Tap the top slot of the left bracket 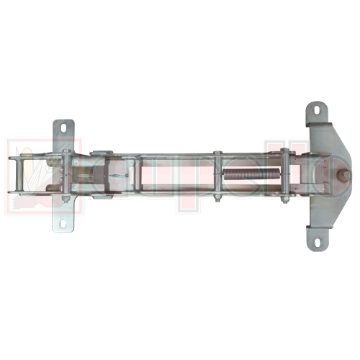pos(63,128)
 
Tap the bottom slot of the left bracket pos(63,222)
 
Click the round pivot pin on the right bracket pos(345,175)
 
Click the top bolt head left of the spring pos(217,153)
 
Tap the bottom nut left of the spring pos(217,197)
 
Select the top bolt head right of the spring pos(284,151)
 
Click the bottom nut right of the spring pos(284,199)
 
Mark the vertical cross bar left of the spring pos(217,175)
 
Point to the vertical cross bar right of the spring pos(284,175)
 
